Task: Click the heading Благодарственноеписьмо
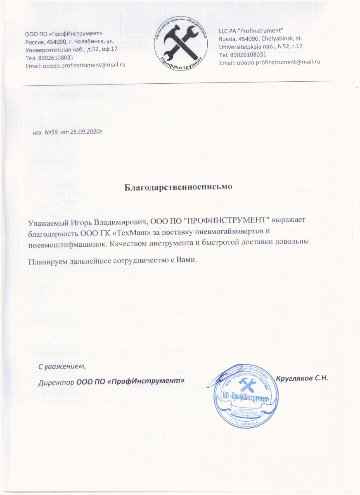pos(179,186)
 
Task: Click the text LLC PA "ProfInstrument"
pos(251,31)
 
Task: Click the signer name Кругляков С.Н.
pos(302,379)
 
